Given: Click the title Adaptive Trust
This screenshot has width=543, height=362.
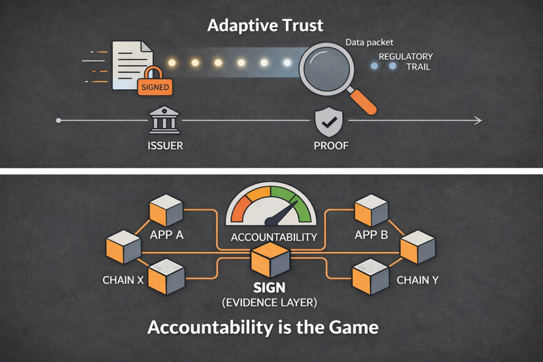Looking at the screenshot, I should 265,26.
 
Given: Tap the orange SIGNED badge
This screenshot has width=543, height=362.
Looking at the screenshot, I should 155,87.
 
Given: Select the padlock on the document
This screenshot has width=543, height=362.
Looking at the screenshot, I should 153,74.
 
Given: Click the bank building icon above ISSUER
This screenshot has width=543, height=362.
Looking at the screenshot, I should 164,121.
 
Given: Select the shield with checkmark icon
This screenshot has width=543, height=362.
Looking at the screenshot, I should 329,121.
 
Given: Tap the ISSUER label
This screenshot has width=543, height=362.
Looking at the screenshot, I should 165,146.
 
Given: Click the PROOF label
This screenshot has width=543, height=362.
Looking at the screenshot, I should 331,146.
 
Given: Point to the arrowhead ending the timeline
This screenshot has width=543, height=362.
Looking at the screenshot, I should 479,120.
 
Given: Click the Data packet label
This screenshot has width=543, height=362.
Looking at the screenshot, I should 369,43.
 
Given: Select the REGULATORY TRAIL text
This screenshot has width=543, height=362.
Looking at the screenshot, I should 405,62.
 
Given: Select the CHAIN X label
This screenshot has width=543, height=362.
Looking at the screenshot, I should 123,280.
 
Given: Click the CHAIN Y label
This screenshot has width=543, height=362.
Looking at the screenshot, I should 418,280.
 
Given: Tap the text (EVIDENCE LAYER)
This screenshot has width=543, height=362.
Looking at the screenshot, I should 270,302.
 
